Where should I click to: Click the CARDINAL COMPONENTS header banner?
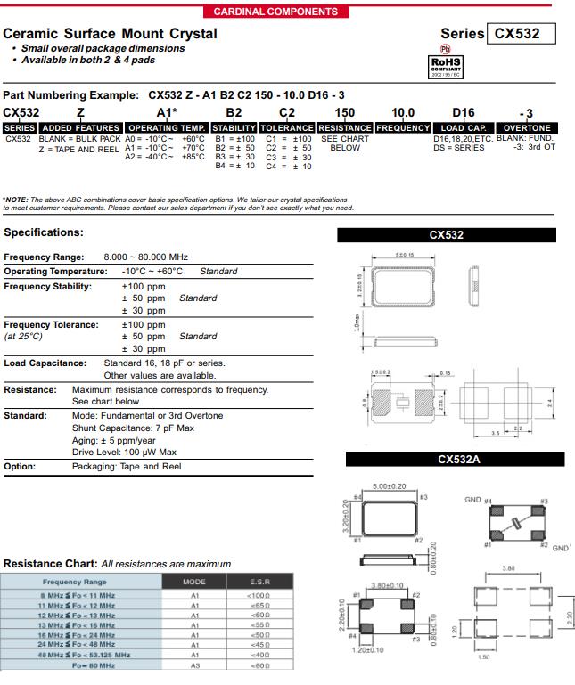pyautogui.click(x=276, y=12)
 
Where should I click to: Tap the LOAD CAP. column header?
pyautogui.click(x=463, y=128)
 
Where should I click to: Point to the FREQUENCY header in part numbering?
pyautogui.click(x=403, y=128)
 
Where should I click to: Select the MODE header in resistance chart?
pyautogui.click(x=193, y=582)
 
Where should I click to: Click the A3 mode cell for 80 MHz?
pyautogui.click(x=193, y=665)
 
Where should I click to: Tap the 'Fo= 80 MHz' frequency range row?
pyautogui.click(x=89, y=665)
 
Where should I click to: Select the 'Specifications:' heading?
pyautogui.click(x=44, y=232)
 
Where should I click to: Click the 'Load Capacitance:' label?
pyautogui.click(x=45, y=363)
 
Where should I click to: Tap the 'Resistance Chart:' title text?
pyautogui.click(x=50, y=564)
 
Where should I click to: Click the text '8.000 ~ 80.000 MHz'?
pyautogui.click(x=146, y=257)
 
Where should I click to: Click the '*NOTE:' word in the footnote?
pyautogui.click(x=16, y=200)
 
